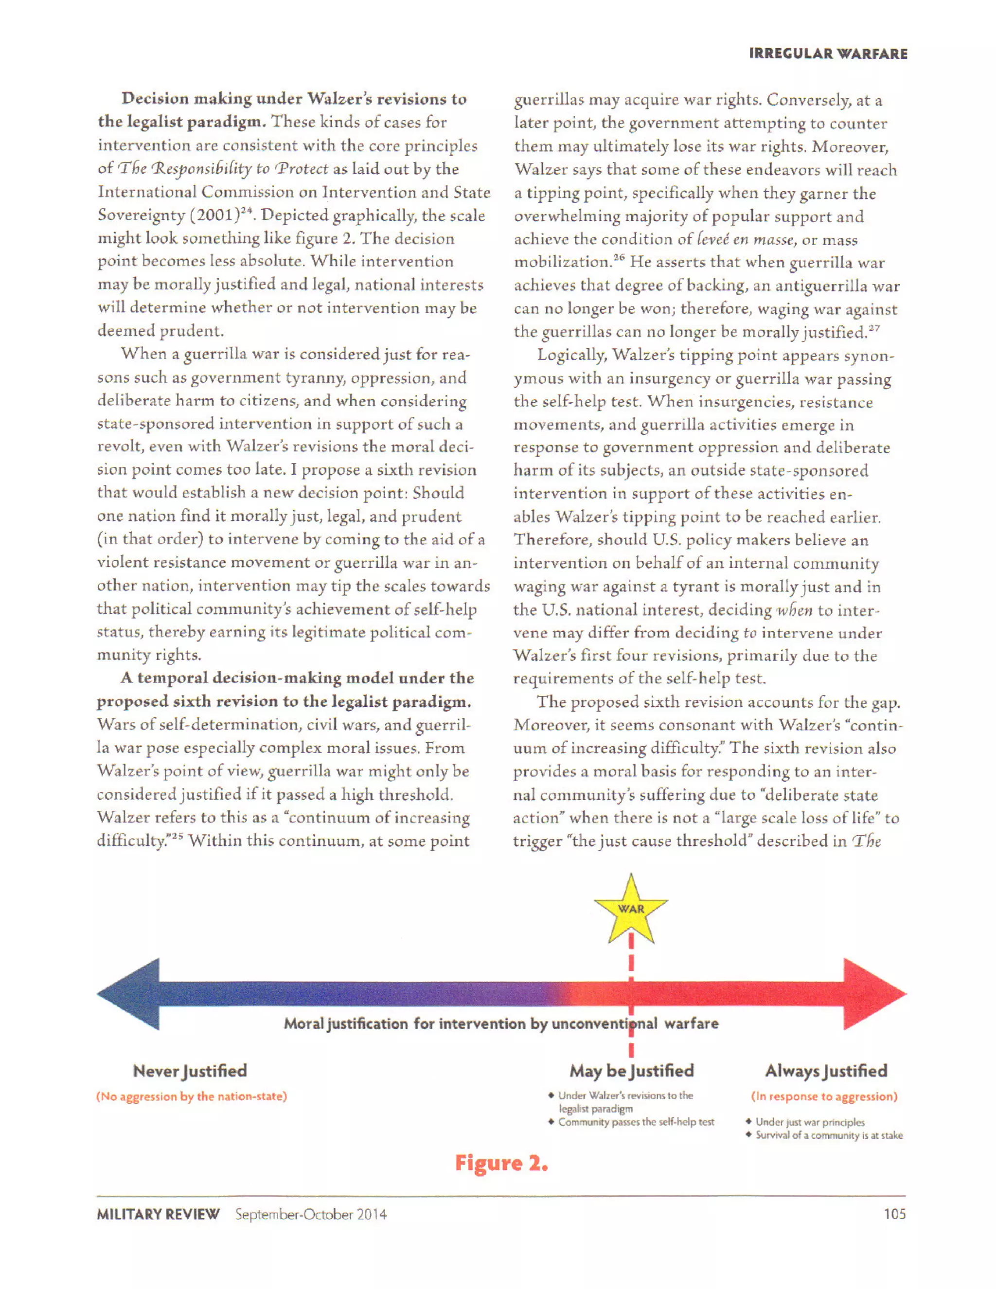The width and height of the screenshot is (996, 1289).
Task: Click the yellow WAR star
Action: pyautogui.click(x=631, y=909)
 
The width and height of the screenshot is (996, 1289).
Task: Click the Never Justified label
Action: pyautogui.click(x=190, y=1071)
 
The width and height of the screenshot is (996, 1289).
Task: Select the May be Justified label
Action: pyautogui.click(x=631, y=1071)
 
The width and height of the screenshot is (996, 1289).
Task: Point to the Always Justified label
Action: pyautogui.click(x=826, y=1071)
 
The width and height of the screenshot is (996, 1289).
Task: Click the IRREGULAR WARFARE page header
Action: pyautogui.click(x=828, y=54)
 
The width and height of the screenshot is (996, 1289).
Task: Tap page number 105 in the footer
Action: pyautogui.click(x=894, y=1214)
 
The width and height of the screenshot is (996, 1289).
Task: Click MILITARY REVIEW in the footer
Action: pyautogui.click(x=158, y=1215)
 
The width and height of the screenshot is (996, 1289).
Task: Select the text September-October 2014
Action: pyautogui.click(x=311, y=1215)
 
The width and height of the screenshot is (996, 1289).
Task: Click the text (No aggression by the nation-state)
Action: pyautogui.click(x=192, y=1096)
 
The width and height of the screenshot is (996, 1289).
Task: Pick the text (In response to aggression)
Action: pyautogui.click(x=824, y=1096)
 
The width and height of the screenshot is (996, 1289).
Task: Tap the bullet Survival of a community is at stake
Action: pyautogui.click(x=828, y=1136)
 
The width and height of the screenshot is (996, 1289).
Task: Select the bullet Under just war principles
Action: pyautogui.click(x=809, y=1122)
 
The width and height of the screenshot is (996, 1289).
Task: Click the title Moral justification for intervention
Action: pyautogui.click(x=501, y=1023)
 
